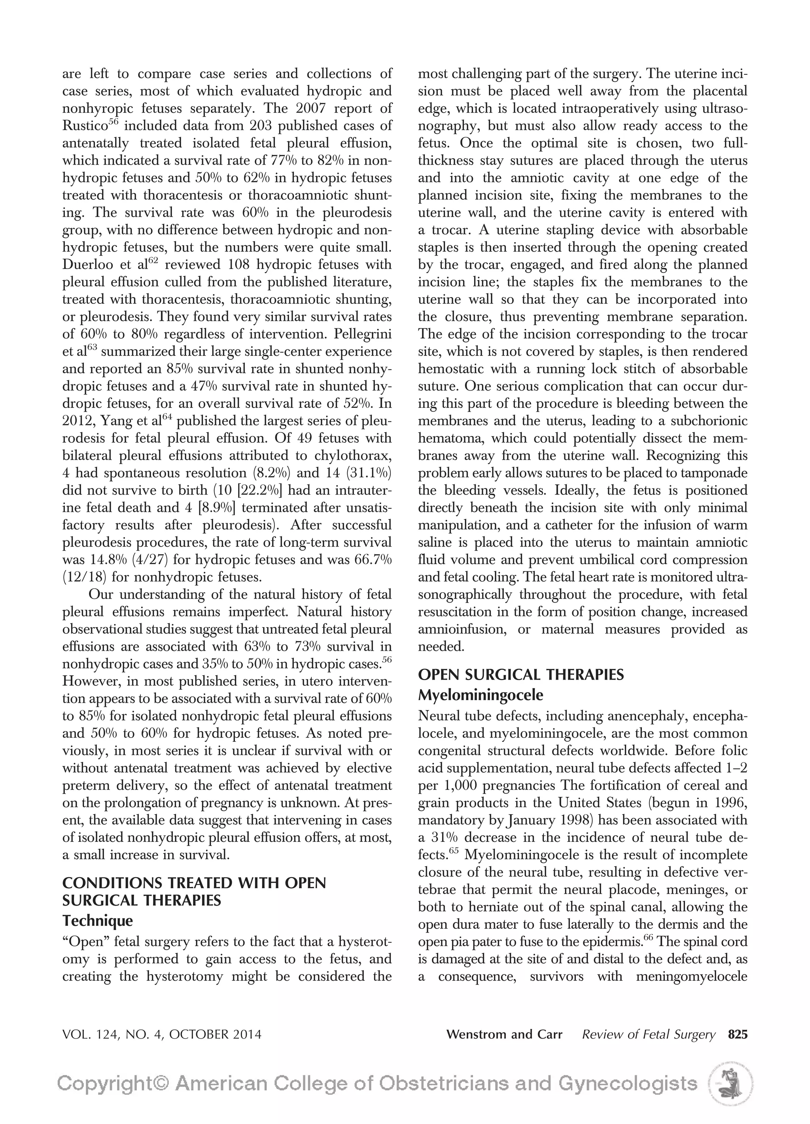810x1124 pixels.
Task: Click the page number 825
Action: click(x=737, y=1034)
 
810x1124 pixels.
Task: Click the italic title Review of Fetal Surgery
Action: click(x=649, y=1034)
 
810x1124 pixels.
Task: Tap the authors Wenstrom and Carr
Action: click(x=504, y=1034)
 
